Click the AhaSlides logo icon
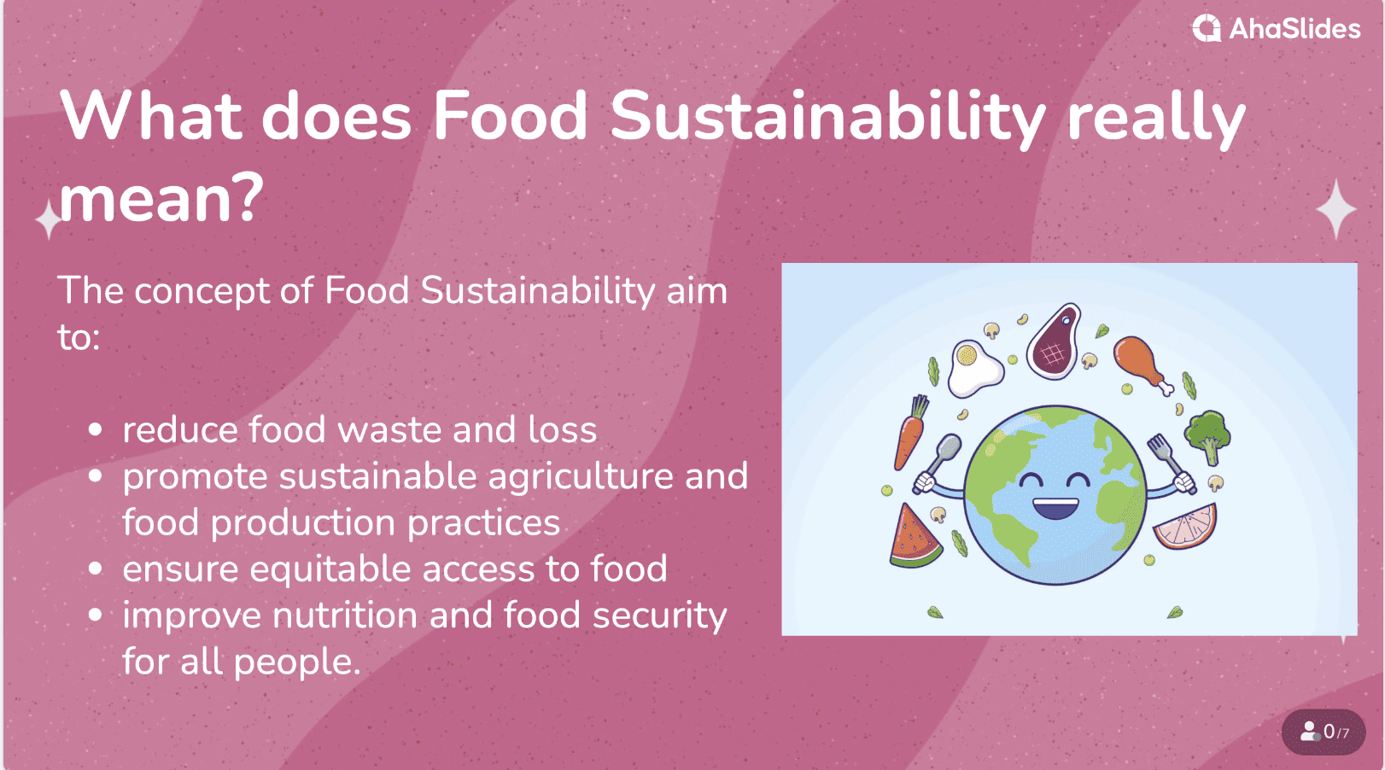pos(1207,28)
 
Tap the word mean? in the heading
pos(161,199)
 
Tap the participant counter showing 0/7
pos(1324,732)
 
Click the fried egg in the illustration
pos(973,368)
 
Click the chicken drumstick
pos(1141,364)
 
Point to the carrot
pos(910,433)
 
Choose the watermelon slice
pos(914,537)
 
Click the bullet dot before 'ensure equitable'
pos(96,569)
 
